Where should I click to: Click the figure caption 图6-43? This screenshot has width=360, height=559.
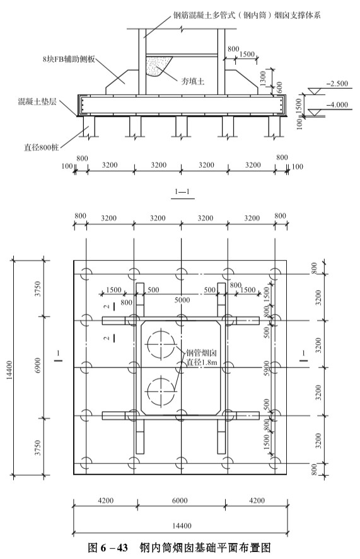(107, 547)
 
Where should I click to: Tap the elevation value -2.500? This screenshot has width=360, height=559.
(337, 83)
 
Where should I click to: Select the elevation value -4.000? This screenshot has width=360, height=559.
(337, 105)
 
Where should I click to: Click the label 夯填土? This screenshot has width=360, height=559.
(193, 81)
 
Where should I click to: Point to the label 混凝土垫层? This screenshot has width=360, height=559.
(37, 101)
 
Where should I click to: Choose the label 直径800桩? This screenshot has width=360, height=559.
(42, 147)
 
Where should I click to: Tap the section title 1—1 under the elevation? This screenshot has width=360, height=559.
(182, 192)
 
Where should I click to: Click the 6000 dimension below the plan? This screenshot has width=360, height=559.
(180, 500)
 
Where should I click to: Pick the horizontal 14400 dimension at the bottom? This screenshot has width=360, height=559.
(182, 526)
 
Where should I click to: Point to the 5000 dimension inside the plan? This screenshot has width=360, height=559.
(182, 300)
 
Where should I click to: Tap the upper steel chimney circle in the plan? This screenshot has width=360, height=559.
(161, 345)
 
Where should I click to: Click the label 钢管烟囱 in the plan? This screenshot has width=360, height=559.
(201, 354)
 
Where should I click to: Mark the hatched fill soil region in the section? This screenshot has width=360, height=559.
(157, 66)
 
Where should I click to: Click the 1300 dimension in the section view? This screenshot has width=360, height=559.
(263, 78)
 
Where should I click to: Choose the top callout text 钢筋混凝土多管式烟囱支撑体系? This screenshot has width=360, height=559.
(247, 15)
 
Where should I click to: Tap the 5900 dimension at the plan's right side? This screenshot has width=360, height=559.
(267, 367)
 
